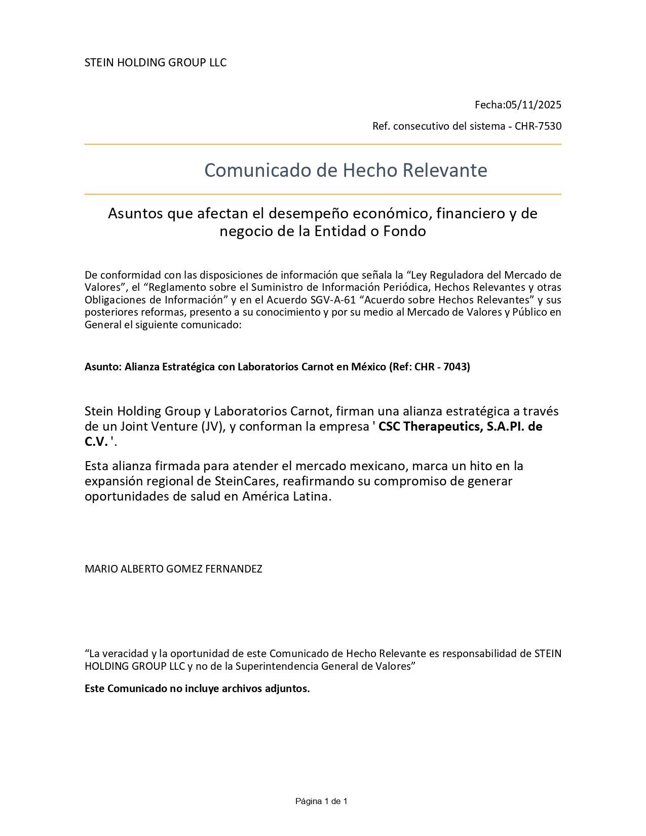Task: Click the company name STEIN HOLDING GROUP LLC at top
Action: click(x=156, y=63)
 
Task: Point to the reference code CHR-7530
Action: click(x=538, y=126)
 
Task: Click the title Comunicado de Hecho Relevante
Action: click(x=346, y=170)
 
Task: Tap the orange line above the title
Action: click(x=323, y=145)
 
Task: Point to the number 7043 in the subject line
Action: click(x=456, y=367)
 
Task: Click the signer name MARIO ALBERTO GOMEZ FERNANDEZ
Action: click(x=173, y=569)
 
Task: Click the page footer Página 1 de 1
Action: click(x=321, y=802)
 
